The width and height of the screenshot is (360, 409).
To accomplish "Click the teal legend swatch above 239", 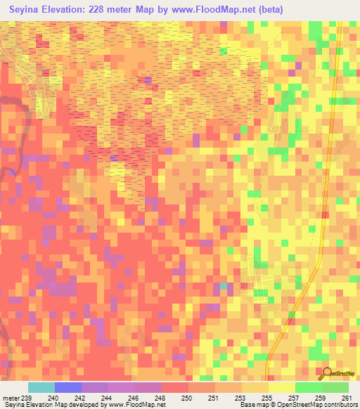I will (41, 387).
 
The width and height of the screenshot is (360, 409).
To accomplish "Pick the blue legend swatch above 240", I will (68, 387).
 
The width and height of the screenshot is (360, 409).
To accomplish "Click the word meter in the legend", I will (11, 397).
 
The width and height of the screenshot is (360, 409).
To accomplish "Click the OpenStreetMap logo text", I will (342, 375).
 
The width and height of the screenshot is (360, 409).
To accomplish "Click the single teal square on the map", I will (224, 286).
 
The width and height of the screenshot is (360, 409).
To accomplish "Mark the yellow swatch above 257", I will (281, 387).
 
